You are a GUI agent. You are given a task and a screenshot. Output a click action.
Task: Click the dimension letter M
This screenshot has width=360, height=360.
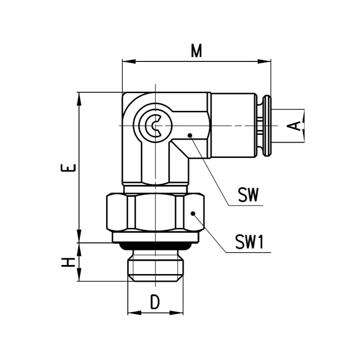(x=196, y=51)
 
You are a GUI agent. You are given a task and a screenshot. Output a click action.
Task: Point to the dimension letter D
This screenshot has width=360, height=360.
(x=155, y=302)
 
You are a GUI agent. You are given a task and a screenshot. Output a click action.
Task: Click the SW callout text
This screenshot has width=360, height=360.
(x=248, y=195)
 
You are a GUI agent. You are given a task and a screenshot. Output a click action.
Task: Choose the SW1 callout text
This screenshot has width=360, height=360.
(x=250, y=242)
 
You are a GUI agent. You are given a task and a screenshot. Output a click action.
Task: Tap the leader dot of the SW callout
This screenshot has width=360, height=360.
(x=190, y=135)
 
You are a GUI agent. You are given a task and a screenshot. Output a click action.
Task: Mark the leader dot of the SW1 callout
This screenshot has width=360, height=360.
(x=193, y=214)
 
